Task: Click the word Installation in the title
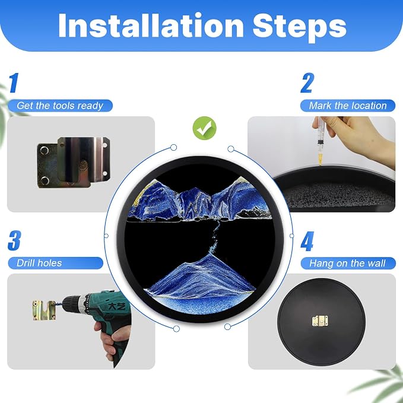tap(151, 25)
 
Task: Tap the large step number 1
tap(14, 82)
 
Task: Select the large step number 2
tap(307, 82)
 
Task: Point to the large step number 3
tap(14, 240)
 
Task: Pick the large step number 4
tap(307, 241)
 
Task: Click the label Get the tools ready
tap(60, 106)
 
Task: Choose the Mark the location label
tap(348, 106)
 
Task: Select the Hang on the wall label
tap(348, 263)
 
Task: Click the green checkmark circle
tap(205, 128)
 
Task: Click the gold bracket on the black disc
tap(321, 321)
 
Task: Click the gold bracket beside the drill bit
tap(44, 310)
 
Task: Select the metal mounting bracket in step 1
tap(74, 162)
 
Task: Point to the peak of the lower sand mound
tap(211, 254)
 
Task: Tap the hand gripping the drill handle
tap(108, 339)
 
